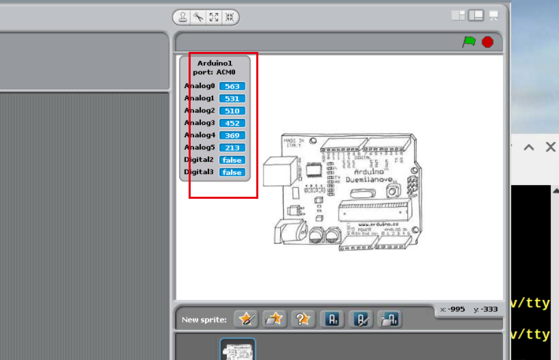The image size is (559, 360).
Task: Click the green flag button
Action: tap(469, 42)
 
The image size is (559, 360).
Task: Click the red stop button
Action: tap(487, 42)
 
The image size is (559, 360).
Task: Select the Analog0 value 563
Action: tap(232, 86)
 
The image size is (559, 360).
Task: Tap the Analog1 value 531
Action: tap(232, 98)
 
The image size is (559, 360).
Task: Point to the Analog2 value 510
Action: tap(232, 111)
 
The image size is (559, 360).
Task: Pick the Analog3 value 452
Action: tap(232, 123)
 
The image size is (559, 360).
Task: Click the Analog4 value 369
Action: tap(232, 135)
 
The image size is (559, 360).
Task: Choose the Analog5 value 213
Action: tap(232, 148)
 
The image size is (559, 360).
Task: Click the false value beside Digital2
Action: tap(232, 160)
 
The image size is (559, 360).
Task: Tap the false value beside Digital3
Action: tap(232, 172)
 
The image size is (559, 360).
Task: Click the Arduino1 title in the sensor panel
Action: tap(215, 63)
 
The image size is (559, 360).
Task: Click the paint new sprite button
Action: tap(246, 319)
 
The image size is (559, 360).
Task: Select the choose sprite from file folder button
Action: tap(274, 319)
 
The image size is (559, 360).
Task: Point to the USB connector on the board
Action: tap(280, 171)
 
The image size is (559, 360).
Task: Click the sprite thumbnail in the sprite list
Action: tap(237, 350)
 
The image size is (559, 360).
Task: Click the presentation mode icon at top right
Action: tap(493, 15)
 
